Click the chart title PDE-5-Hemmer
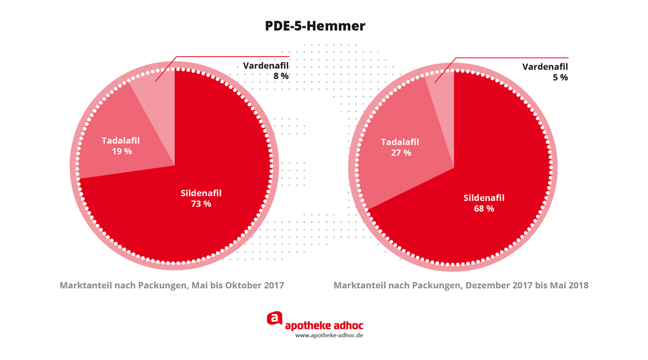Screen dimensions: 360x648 315,26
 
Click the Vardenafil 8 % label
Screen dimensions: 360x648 266,71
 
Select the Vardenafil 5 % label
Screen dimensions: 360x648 545,72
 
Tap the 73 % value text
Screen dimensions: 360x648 201,204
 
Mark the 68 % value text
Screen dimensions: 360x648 484,208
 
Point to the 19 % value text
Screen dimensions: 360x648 121,152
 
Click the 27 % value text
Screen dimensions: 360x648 400,153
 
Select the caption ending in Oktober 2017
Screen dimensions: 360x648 172,285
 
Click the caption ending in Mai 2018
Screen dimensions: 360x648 461,285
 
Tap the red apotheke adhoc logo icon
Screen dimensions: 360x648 275,319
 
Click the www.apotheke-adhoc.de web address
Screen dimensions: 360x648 328,335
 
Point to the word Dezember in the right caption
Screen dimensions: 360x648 484,285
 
